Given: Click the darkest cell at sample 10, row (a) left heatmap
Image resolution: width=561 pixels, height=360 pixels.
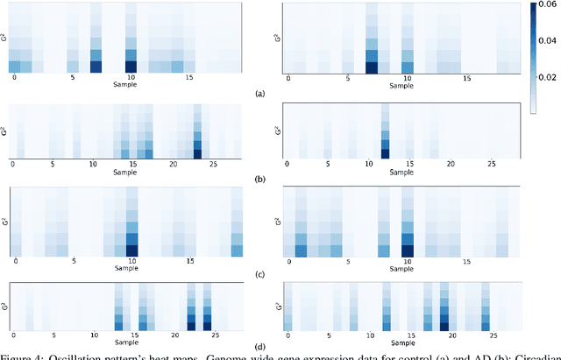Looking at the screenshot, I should [131, 66].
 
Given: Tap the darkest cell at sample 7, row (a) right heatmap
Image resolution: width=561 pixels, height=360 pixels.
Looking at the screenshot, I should [372, 67].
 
